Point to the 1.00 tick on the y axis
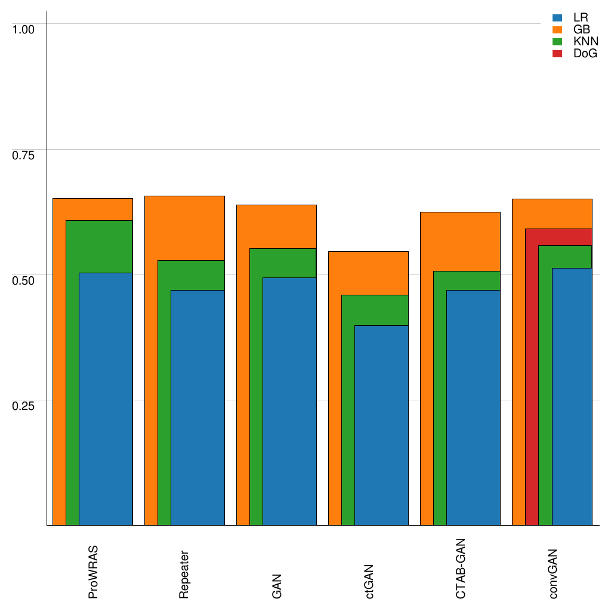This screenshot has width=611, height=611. click(24, 29)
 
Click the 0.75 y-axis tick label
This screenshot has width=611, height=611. click(24, 155)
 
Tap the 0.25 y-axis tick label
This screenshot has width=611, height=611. click(24, 406)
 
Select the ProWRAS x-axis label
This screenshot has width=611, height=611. click(93, 572)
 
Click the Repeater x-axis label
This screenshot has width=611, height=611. click(185, 573)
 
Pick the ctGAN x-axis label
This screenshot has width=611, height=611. click(369, 581)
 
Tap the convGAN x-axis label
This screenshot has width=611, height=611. click(553, 573)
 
